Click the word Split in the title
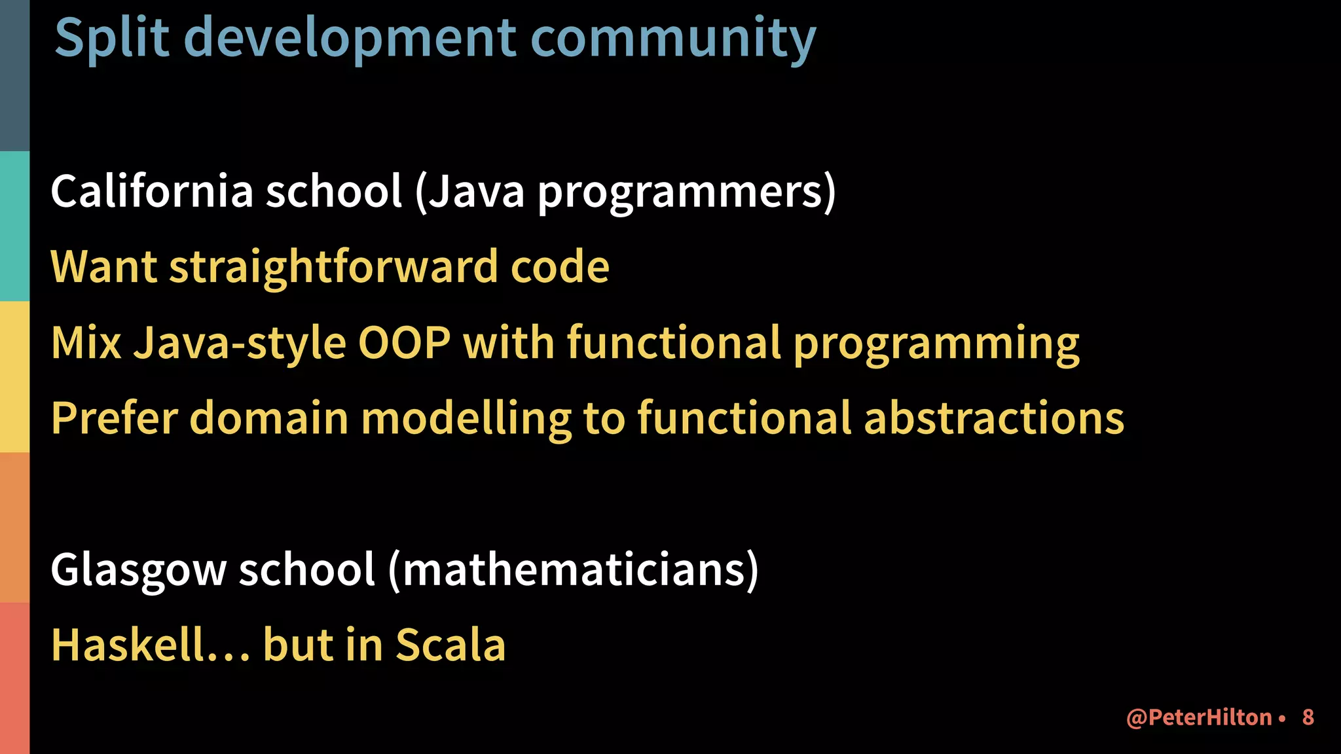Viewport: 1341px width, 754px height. point(112,38)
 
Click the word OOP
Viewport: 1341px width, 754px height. point(404,342)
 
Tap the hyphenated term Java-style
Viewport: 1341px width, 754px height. point(240,342)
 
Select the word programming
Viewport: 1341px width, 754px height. point(936,342)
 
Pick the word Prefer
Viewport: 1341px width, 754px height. point(115,418)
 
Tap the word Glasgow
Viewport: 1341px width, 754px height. point(138,569)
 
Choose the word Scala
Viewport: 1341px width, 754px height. point(450,645)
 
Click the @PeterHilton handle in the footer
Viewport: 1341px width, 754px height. point(1199,717)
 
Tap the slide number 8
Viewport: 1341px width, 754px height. point(1308,717)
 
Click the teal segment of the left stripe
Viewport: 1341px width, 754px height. point(14,226)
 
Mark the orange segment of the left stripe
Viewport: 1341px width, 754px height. point(14,527)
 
